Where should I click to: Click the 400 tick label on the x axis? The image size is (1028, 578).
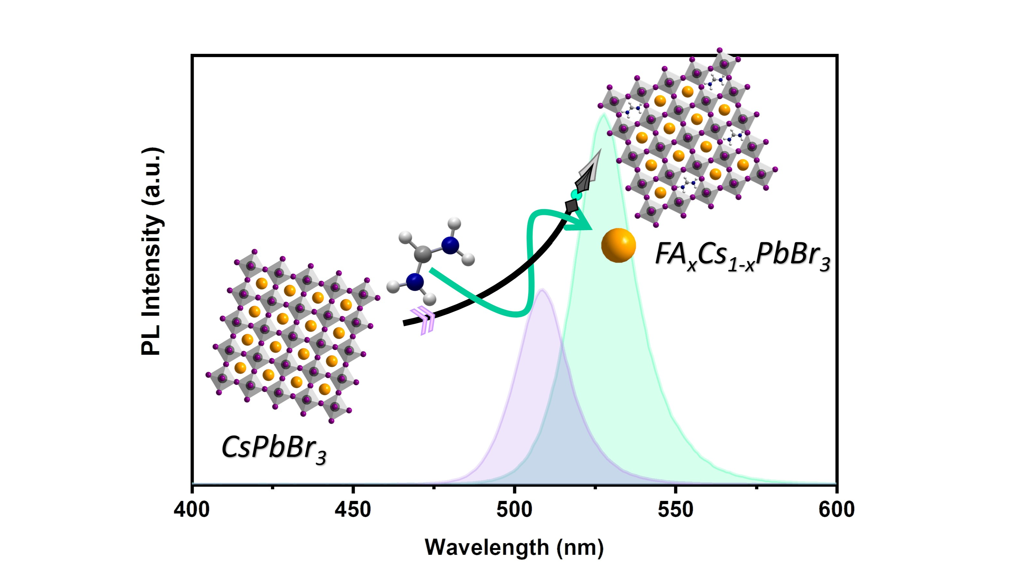coord(191,510)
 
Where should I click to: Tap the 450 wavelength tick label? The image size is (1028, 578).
coord(353,510)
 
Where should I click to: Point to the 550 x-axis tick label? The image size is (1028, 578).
coord(676,510)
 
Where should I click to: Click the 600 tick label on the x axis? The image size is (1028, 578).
coord(837,510)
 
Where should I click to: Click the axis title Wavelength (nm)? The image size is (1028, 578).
coord(514,547)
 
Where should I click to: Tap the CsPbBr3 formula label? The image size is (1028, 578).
coord(274,448)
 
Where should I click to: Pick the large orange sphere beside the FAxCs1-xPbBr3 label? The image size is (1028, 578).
coord(618,245)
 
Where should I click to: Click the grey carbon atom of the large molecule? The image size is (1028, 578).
coord(422,253)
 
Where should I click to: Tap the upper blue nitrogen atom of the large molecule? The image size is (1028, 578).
coord(450,245)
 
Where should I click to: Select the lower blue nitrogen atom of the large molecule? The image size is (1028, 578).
coord(415,282)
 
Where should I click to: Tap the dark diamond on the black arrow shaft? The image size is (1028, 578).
coord(572,206)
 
